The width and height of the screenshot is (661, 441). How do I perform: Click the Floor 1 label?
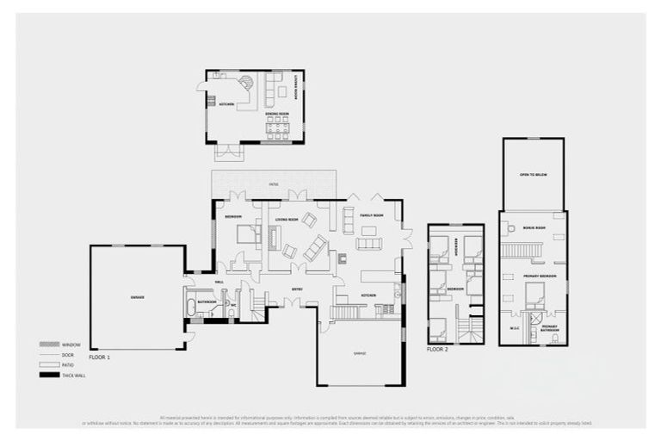pos(100,356)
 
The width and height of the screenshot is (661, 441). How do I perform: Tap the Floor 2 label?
pos(438,351)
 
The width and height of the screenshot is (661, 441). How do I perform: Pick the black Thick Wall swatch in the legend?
pos(51,376)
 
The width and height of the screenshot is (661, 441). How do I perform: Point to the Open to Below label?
pos(533,175)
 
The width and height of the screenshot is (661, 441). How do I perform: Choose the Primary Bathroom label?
pos(549,328)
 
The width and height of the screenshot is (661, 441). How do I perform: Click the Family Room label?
pos(371,215)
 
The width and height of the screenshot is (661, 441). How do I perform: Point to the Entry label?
pos(296,289)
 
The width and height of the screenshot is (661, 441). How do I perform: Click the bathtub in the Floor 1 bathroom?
pos(191,307)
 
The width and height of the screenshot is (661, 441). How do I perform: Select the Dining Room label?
pos(275,114)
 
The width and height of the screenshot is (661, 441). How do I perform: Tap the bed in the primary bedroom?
pos(535,296)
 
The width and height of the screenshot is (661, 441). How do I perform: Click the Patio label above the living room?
pos(274,184)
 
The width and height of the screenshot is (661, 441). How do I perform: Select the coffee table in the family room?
pos(368,230)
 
